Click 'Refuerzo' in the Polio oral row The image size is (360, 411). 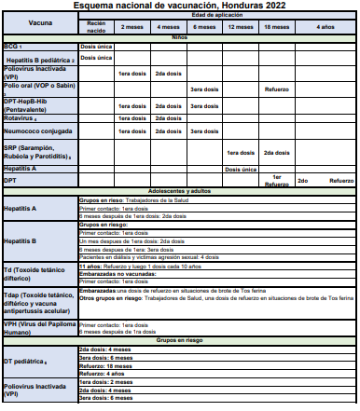point(277,89)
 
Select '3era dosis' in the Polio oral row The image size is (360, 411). point(203,89)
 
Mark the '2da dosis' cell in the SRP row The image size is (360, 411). point(277,152)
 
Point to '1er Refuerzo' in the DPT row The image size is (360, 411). point(277,180)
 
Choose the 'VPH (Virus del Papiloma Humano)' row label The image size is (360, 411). point(37,328)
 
